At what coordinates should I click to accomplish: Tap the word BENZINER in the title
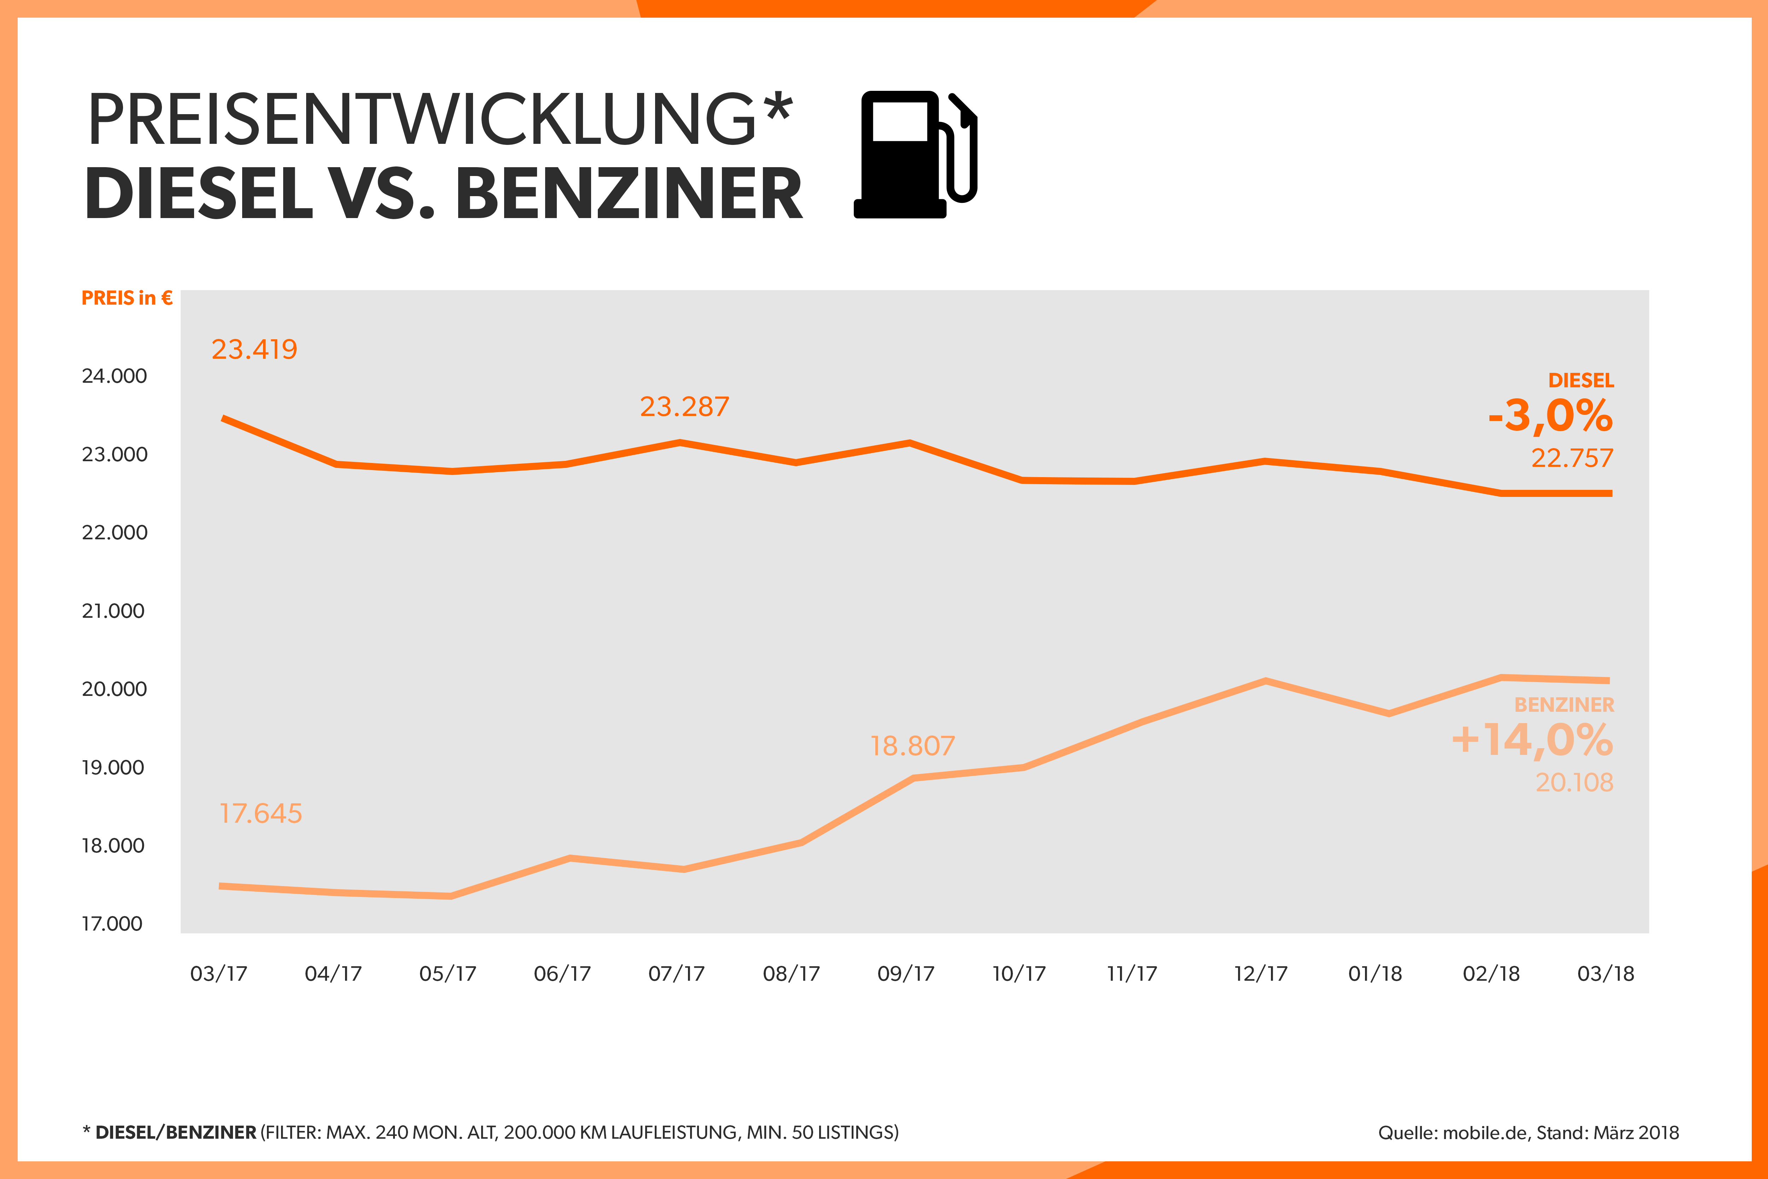click(629, 194)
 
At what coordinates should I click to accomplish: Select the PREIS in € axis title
click(126, 299)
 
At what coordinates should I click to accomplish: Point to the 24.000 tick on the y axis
click(114, 376)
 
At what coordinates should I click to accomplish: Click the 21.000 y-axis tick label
click(113, 611)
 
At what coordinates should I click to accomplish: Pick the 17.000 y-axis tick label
click(112, 923)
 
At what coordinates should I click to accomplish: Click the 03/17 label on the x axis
click(218, 974)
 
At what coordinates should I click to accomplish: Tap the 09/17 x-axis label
click(905, 974)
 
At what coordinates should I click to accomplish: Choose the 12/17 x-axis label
click(1260, 974)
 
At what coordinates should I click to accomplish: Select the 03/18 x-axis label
click(1606, 974)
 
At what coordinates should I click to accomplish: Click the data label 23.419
click(254, 350)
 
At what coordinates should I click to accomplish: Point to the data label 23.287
click(684, 407)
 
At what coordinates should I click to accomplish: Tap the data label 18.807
click(912, 746)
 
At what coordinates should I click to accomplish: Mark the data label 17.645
click(260, 814)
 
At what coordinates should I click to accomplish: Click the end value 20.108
click(1574, 783)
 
